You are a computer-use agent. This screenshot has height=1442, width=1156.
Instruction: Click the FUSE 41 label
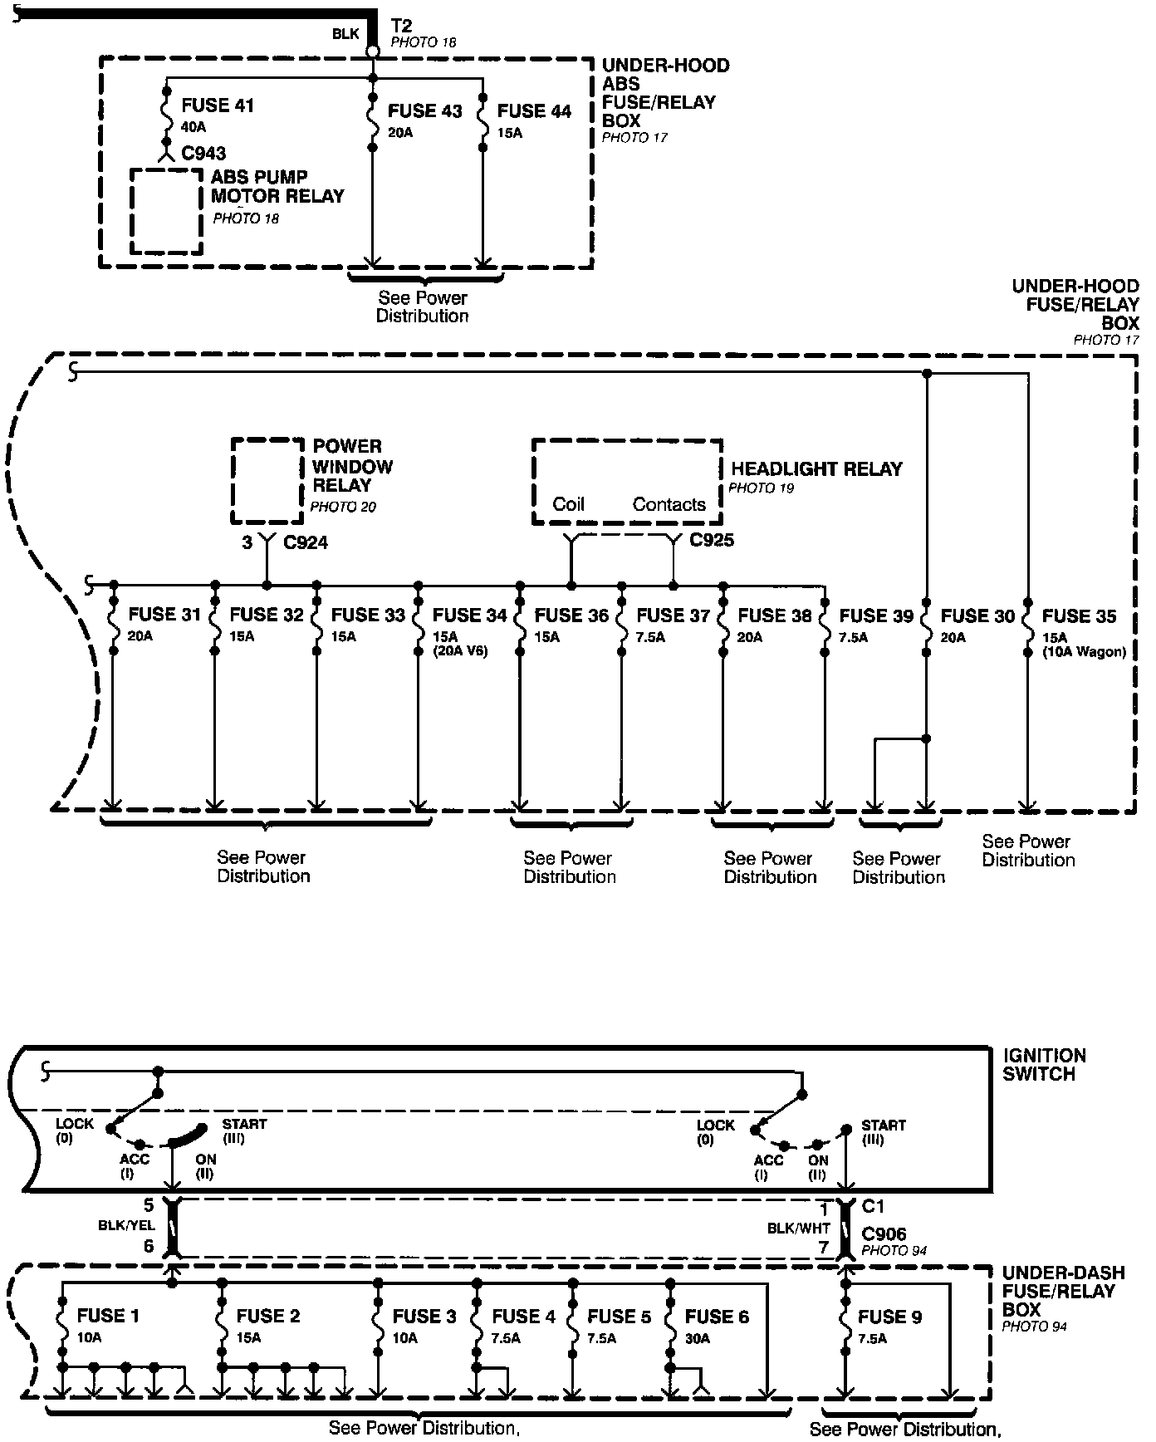(x=218, y=105)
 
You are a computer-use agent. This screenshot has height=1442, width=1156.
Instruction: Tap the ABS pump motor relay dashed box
(x=166, y=211)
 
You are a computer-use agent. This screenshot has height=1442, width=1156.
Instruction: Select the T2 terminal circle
(x=374, y=51)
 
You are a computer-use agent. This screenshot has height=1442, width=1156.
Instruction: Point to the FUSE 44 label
(x=534, y=111)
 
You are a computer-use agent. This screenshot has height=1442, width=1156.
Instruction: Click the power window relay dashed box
(x=267, y=480)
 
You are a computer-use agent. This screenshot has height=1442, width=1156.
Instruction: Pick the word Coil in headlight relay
(x=569, y=504)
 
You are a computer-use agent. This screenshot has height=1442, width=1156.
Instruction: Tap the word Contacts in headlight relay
(x=669, y=504)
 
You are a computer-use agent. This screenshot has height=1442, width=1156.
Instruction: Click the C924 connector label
(x=306, y=543)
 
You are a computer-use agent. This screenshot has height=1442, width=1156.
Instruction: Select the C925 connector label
(x=713, y=541)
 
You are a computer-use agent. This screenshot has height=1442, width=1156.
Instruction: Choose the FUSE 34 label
(x=469, y=616)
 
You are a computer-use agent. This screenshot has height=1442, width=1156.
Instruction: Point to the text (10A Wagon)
(x=1085, y=652)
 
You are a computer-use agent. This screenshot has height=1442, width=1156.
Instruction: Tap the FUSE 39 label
(x=876, y=616)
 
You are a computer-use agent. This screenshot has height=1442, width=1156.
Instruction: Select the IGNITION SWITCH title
(x=1044, y=1065)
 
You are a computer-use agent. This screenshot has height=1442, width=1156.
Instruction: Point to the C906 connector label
(x=884, y=1234)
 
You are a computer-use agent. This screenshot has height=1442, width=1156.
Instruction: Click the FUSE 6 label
(x=717, y=1317)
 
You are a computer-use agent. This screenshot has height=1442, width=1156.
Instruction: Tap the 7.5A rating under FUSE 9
(x=872, y=1338)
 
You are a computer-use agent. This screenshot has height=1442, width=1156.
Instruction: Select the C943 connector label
(x=203, y=154)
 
